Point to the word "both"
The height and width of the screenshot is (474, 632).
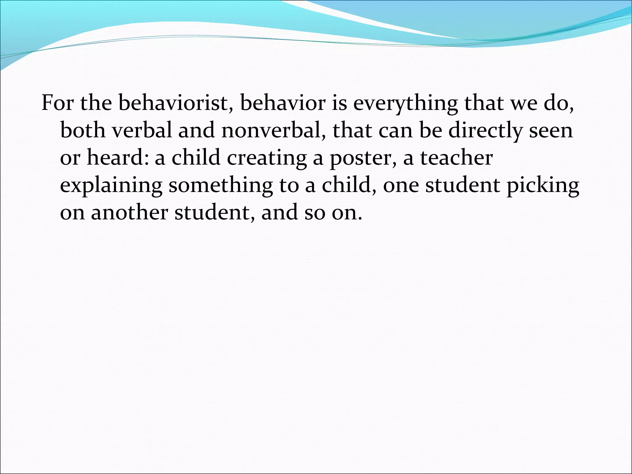pyautogui.click(x=82, y=130)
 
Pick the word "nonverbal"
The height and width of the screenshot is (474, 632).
pyautogui.click(x=273, y=130)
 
